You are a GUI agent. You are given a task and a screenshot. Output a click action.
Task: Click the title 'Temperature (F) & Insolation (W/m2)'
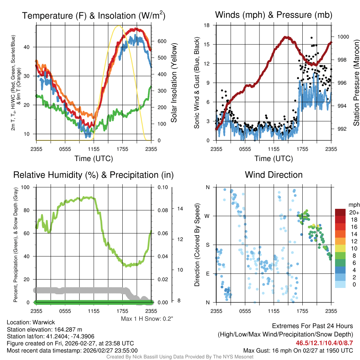pos(94,15)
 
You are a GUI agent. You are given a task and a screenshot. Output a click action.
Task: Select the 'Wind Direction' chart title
pos(274,175)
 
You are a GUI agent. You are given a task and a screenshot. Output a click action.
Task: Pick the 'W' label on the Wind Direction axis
pos(208,216)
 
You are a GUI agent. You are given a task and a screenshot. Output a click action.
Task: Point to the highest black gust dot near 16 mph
pos(311,38)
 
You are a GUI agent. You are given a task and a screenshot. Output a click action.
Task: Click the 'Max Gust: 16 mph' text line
pos(298,351)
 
